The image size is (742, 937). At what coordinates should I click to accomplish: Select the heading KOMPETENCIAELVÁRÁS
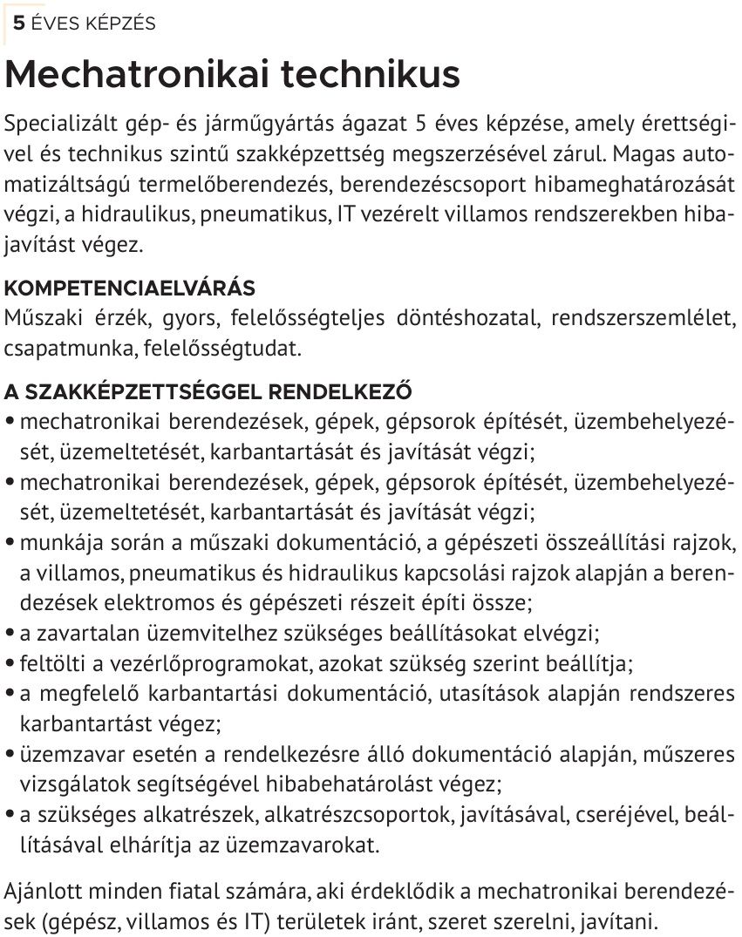[x=129, y=289]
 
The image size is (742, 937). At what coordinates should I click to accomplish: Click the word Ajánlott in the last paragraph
[x=43, y=893]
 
